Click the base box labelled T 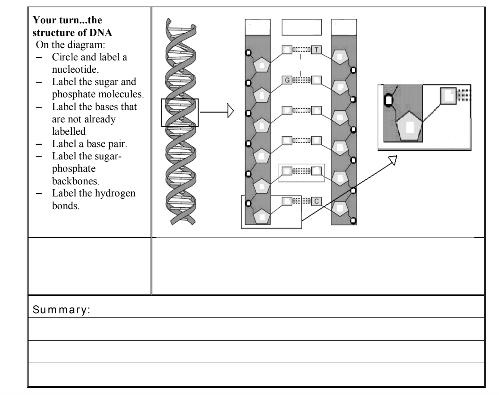316,50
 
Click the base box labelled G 287,80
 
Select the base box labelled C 316,201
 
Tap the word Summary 61,310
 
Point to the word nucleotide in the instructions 71,69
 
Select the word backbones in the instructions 76,181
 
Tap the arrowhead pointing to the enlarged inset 393,159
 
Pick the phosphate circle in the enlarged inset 388,100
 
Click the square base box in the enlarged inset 448,96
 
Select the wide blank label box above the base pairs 301,27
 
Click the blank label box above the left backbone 258,27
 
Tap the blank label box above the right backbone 344,27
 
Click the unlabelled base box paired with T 287,50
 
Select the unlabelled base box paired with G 316,80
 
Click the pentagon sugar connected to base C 340,209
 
